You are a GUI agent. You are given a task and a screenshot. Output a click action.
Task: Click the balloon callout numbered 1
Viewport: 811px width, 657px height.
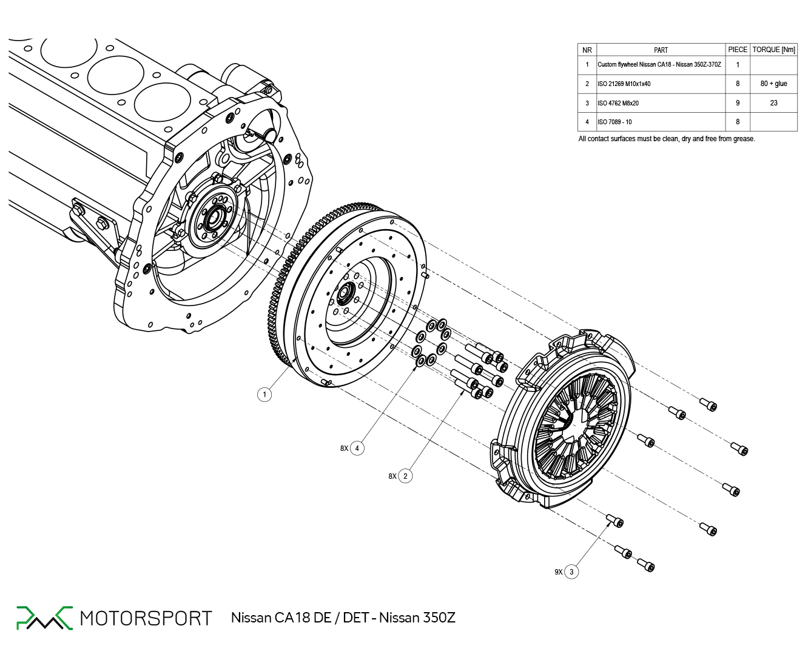(264, 395)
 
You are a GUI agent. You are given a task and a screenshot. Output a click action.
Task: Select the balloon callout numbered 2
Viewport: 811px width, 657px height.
(405, 476)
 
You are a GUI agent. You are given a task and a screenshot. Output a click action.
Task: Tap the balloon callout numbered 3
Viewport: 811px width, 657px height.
(571, 572)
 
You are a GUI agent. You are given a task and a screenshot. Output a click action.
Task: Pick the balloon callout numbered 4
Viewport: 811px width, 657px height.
(357, 449)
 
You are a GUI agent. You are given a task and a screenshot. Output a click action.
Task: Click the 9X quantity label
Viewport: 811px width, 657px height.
(558, 572)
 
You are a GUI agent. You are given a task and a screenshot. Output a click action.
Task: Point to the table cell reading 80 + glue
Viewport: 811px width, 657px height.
(773, 84)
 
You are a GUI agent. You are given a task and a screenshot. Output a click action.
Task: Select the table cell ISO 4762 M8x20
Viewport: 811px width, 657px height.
(618, 103)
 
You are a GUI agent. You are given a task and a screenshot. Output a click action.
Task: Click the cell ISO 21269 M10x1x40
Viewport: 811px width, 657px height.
(624, 84)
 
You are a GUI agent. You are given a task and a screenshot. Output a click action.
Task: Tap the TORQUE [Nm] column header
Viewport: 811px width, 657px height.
(773, 50)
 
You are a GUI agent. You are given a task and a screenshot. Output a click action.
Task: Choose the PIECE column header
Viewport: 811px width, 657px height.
(738, 50)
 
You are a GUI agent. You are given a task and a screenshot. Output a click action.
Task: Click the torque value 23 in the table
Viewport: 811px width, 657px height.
(773, 103)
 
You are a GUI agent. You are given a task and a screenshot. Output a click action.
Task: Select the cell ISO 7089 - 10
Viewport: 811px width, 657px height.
(614, 122)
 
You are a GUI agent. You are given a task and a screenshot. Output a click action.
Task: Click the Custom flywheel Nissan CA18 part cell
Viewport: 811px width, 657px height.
(659, 64)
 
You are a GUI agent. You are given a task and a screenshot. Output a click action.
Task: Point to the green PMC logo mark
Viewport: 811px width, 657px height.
(44, 618)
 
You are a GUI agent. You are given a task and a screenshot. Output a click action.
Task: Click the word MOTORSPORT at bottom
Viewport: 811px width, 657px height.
(146, 618)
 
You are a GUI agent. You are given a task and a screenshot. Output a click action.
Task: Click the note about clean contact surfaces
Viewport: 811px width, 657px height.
(667, 139)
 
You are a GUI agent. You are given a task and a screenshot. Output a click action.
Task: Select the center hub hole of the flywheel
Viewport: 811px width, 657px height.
(346, 293)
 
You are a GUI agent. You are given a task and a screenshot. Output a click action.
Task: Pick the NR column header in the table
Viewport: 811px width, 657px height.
(587, 50)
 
